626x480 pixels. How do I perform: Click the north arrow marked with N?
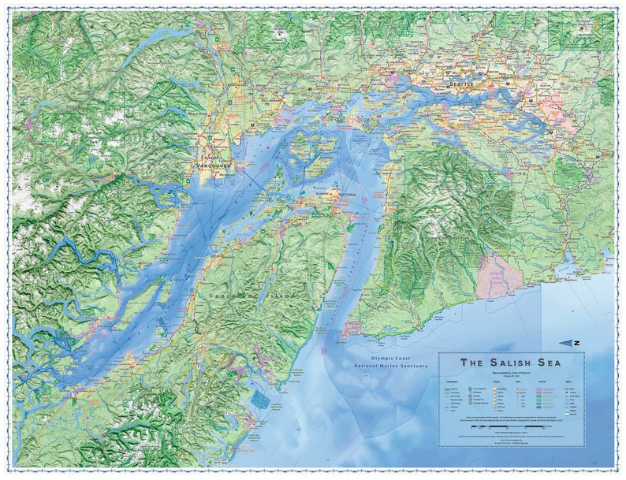[x=571, y=342]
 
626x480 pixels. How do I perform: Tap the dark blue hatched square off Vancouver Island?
[x=259, y=400]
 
